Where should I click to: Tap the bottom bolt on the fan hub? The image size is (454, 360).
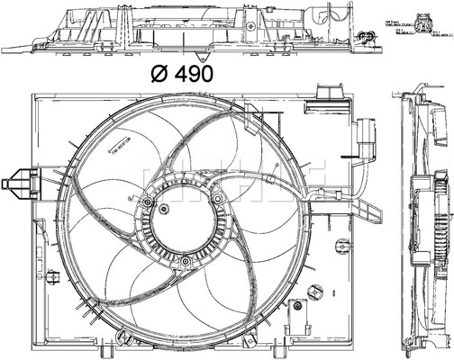(x=184, y=263)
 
